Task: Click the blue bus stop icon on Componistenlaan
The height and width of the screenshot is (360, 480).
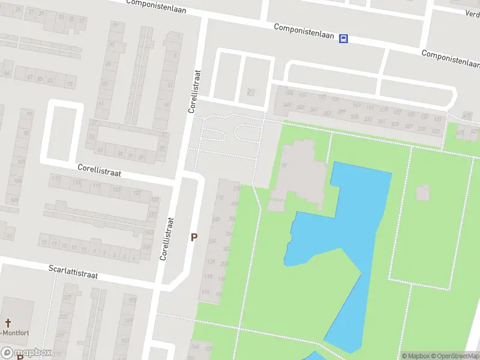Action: pyautogui.click(x=343, y=38)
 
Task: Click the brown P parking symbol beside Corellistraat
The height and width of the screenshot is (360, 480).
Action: pyautogui.click(x=194, y=238)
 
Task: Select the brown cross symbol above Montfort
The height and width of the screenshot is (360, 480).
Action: pyautogui.click(x=9, y=323)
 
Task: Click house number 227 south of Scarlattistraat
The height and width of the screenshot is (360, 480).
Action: pyautogui.click(x=67, y=298)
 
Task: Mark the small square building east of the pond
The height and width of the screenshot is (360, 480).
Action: pyautogui.click(x=422, y=193)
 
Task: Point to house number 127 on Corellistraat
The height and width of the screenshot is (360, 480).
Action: pyautogui.click(x=137, y=193)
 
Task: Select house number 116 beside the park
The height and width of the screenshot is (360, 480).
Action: pyautogui.click(x=206, y=292)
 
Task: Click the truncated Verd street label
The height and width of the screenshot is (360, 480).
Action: pyautogui.click(x=473, y=13)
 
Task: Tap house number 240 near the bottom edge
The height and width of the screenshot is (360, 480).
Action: pyautogui.click(x=195, y=346)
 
